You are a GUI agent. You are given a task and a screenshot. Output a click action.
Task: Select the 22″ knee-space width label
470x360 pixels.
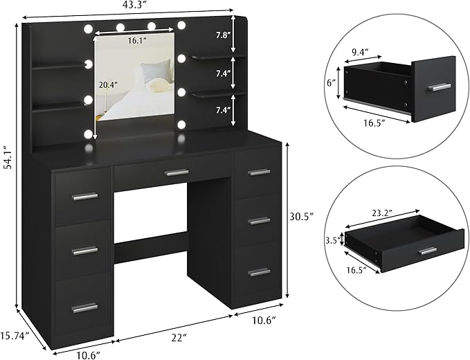(161, 337)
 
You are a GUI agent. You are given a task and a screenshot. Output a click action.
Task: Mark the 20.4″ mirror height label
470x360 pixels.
(107, 86)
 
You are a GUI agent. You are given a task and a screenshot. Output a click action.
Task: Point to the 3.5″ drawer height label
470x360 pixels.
(332, 242)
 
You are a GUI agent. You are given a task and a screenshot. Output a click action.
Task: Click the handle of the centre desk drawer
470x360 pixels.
(176, 172)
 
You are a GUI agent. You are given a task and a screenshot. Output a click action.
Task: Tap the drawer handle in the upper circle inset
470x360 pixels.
(438, 87)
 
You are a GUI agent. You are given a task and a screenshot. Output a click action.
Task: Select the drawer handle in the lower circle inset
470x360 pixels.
(428, 250)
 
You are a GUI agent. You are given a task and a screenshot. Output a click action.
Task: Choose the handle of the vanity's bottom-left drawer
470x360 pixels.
(84, 307)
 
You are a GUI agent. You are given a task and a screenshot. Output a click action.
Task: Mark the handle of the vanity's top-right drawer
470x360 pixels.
(259, 172)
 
